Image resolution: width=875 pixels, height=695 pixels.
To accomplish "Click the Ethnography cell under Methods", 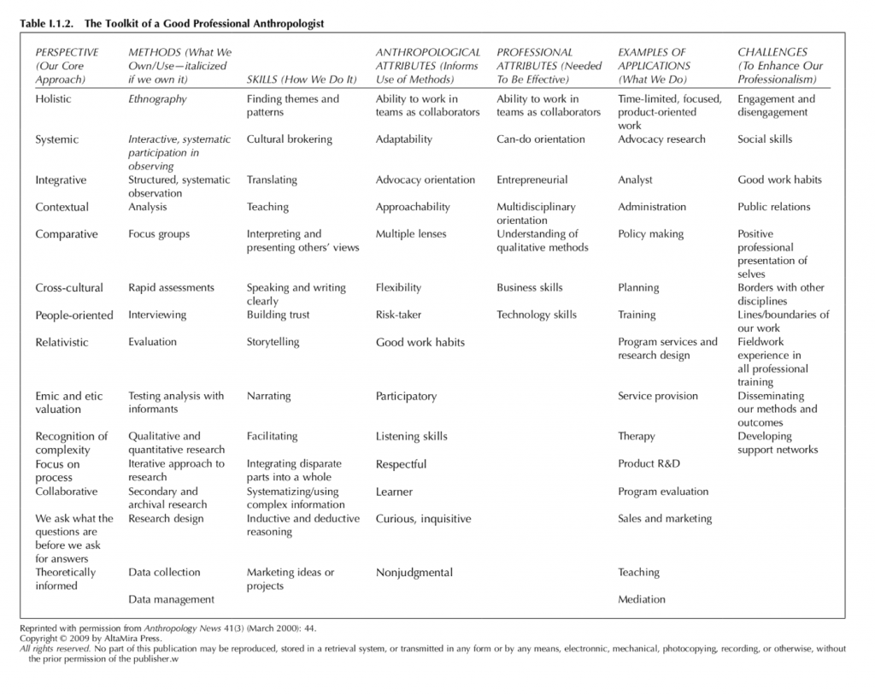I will pyautogui.click(x=157, y=99).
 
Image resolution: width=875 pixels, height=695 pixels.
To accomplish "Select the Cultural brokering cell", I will pyautogui.click(x=289, y=139).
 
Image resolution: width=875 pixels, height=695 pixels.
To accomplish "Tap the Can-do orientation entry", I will pyautogui.click(x=540, y=139).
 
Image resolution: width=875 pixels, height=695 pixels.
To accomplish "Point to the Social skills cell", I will pyautogui.click(x=765, y=139).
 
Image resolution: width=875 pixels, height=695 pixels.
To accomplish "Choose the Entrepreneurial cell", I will pyautogui.click(x=531, y=180).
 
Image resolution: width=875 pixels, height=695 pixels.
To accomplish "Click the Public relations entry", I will pyautogui.click(x=773, y=207).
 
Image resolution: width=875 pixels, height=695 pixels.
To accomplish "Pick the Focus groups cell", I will pyautogui.click(x=159, y=234).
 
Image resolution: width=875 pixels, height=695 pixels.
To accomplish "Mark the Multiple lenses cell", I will pyautogui.click(x=410, y=234).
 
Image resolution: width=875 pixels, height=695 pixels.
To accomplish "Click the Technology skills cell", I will pyautogui.click(x=537, y=315).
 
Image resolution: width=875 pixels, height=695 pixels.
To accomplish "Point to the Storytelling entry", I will pyautogui.click(x=273, y=342).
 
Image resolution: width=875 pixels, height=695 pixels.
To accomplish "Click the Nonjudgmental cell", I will pyautogui.click(x=414, y=573).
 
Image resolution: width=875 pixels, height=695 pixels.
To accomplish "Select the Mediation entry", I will pyautogui.click(x=641, y=600).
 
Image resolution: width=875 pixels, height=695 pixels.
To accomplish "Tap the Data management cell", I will pyautogui.click(x=171, y=600).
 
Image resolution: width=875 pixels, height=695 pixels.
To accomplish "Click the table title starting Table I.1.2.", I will pyautogui.click(x=172, y=24).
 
